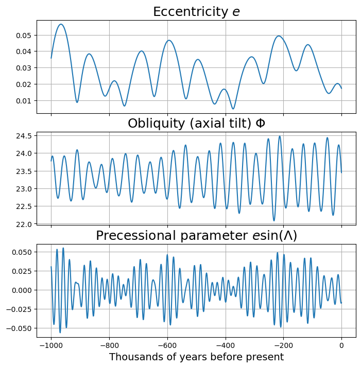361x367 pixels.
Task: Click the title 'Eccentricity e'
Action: click(x=196, y=12)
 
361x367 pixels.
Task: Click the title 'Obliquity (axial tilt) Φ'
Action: click(x=196, y=124)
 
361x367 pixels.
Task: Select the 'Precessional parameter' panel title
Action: click(x=196, y=236)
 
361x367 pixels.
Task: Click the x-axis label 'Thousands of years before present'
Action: click(x=196, y=357)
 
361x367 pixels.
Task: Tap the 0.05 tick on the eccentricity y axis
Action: click(x=25, y=35)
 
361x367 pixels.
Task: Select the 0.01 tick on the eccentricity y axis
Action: click(x=25, y=100)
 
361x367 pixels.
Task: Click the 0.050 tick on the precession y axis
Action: click(x=22, y=252)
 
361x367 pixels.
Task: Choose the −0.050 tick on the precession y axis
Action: click(x=20, y=328)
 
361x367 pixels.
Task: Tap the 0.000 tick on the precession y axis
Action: click(x=22, y=290)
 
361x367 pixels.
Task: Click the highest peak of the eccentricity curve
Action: click(x=61, y=24)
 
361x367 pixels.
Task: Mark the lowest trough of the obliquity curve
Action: click(x=274, y=221)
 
